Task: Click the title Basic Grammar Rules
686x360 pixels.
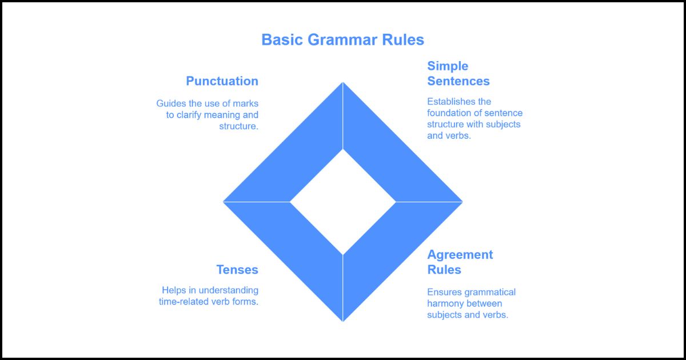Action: pos(342,40)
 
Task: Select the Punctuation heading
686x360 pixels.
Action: pos(222,81)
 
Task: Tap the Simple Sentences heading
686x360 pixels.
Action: pos(458,74)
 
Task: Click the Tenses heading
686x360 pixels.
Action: pos(237,270)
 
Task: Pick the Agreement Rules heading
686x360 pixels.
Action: pos(460,262)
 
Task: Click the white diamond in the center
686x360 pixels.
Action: pos(343,202)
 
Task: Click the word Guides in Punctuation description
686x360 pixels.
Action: pos(171,103)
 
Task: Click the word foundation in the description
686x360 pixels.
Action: pos(452,113)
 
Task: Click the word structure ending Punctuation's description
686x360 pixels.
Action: pos(238,126)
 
